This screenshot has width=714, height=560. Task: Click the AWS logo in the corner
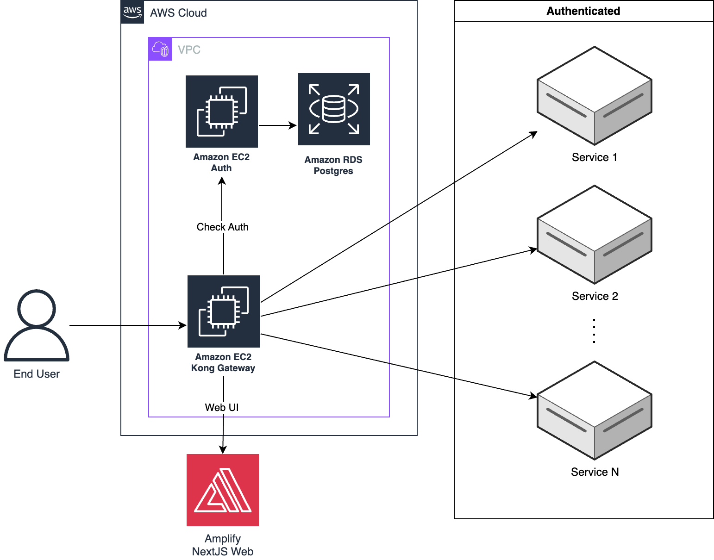click(x=132, y=12)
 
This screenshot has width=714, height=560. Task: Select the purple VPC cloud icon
click(x=160, y=49)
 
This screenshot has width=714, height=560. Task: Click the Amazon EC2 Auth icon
click(x=222, y=112)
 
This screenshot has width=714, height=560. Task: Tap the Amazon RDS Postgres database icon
click(x=333, y=109)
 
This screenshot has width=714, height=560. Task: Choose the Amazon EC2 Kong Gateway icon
click(x=224, y=311)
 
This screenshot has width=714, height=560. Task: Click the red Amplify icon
click(x=223, y=490)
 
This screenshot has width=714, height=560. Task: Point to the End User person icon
click(x=37, y=325)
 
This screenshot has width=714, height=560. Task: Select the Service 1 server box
click(x=594, y=96)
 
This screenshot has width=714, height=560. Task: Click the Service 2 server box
click(x=594, y=235)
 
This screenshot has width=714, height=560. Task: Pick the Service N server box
click(x=594, y=411)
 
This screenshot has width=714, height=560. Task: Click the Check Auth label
click(x=223, y=227)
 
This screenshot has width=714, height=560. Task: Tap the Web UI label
click(x=222, y=407)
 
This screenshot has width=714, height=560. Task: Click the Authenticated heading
click(x=583, y=11)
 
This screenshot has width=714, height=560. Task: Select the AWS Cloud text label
click(x=178, y=13)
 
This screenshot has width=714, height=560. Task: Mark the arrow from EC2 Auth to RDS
click(x=277, y=125)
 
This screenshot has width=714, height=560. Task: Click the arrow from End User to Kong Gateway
click(x=127, y=325)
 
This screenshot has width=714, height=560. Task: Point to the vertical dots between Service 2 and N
click(x=594, y=331)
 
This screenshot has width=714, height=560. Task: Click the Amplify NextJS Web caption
click(x=223, y=545)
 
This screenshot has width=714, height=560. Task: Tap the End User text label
click(x=37, y=374)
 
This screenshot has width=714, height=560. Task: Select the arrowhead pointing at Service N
click(x=533, y=396)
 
